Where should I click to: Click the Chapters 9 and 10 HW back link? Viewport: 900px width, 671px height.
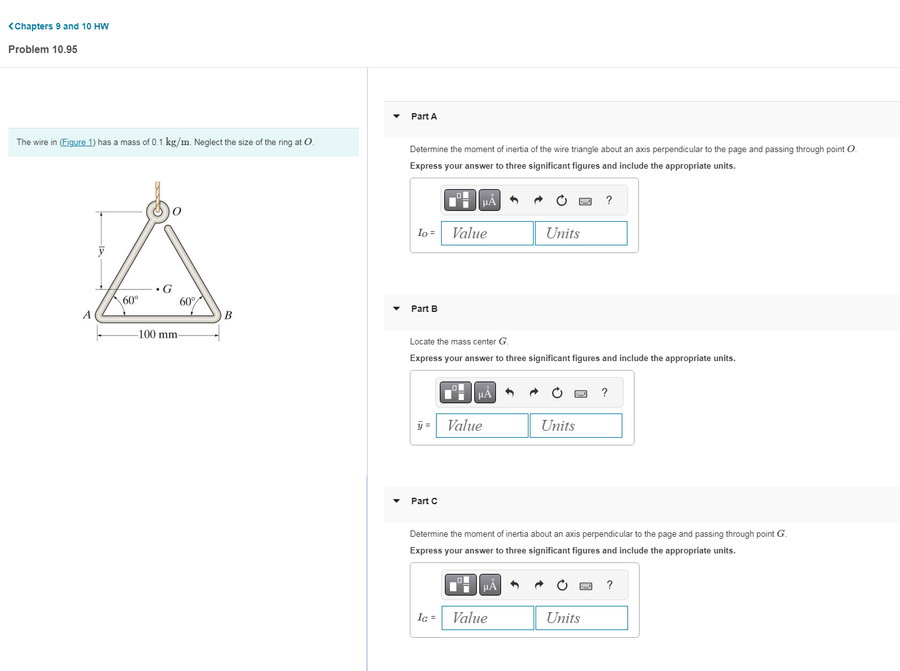59,26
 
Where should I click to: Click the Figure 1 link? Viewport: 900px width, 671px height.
77,143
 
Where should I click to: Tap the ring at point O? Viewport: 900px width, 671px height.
157,210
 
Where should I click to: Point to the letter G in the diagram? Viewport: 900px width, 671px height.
167,289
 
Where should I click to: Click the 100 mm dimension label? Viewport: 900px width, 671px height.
158,334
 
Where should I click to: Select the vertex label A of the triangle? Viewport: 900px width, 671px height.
87,314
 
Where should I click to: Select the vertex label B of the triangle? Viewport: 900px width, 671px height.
228,315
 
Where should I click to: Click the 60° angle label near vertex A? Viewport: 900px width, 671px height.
130,300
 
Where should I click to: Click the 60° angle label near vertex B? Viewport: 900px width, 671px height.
187,302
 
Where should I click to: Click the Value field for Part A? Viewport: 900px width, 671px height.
487,233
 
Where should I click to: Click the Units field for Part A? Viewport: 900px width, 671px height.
581,233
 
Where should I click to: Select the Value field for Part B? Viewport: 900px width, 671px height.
482,426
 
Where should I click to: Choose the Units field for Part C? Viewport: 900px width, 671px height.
581,618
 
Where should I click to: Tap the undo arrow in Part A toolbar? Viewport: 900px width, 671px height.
514,201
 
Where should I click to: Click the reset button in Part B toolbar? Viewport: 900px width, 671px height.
557,393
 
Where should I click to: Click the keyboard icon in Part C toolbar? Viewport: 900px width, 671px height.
585,585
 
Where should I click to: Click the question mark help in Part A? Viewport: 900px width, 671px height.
609,201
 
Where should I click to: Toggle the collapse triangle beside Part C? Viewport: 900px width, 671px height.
396,501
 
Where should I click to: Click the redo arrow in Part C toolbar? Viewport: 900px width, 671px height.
539,585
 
